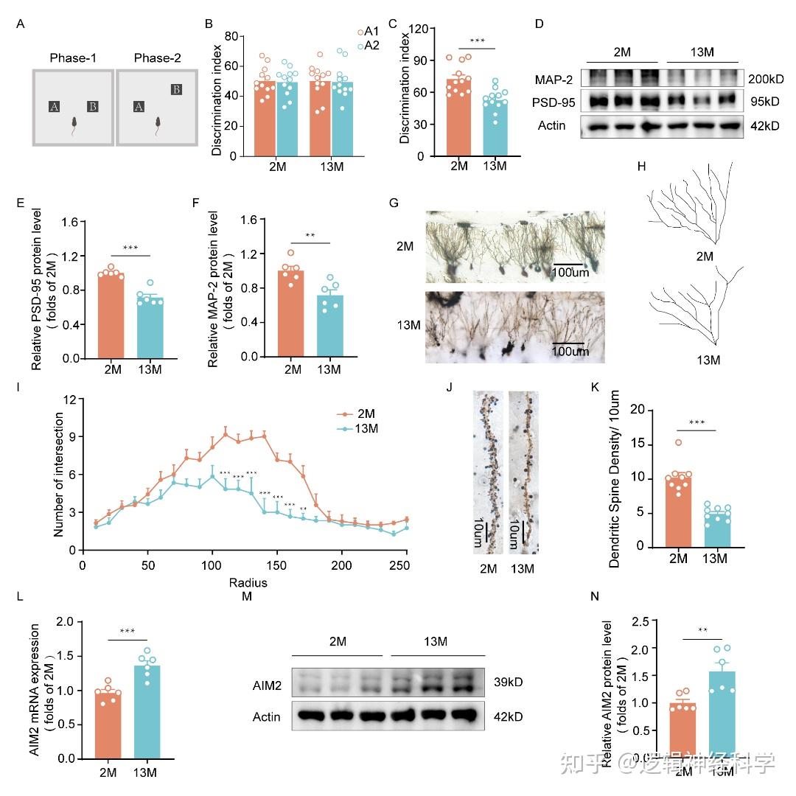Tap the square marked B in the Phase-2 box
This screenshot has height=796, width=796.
click(176, 90)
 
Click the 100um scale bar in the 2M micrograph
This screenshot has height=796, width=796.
click(569, 263)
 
